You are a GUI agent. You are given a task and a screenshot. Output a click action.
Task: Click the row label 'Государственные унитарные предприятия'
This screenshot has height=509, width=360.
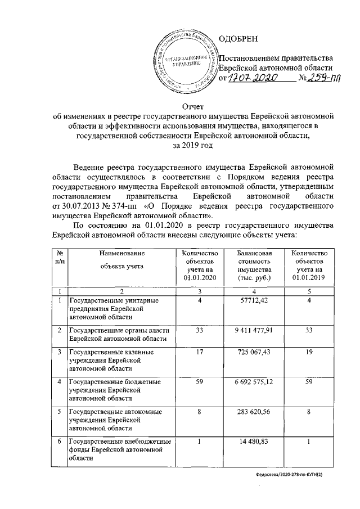click(x=112, y=308)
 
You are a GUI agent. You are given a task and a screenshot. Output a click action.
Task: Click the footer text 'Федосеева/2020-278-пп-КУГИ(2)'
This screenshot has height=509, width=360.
click(x=294, y=475)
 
